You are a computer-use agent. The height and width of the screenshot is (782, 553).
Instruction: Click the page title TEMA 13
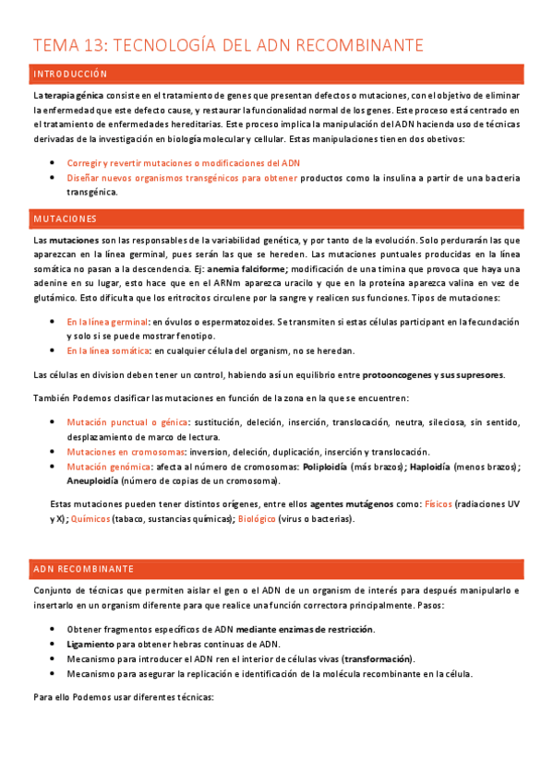(x=227, y=45)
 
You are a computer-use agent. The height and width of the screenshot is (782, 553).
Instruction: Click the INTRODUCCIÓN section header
(x=71, y=74)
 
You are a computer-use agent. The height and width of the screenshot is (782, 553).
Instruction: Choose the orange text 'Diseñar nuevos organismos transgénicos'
(x=182, y=178)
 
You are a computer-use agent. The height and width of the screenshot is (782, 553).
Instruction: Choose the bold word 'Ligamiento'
(x=90, y=644)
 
